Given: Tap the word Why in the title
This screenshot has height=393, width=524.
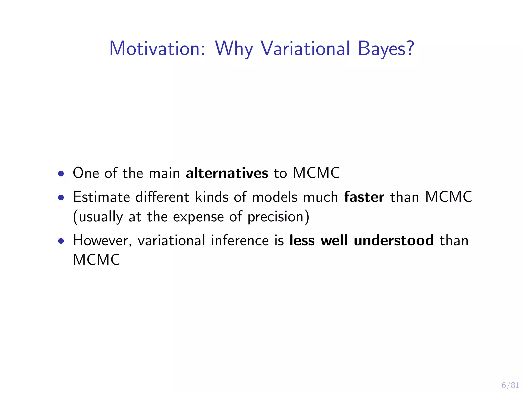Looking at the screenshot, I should tap(234, 48).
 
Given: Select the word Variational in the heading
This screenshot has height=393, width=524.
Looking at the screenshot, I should tap(305, 48).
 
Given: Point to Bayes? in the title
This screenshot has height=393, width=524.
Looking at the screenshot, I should tap(386, 48).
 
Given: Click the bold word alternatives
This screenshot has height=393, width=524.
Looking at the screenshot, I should tap(227, 173).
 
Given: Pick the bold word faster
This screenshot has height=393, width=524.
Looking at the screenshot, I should tap(364, 197).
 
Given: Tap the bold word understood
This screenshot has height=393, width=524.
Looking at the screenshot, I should tap(394, 241).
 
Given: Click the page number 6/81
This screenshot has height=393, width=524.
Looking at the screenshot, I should tap(510, 385).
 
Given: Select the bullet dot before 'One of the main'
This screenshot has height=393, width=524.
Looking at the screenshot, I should tap(61, 174).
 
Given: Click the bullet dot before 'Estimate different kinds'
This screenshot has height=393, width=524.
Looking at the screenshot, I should tap(61, 198).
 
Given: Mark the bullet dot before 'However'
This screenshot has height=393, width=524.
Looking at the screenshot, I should tap(61, 241).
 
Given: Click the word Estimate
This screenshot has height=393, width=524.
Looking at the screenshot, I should tap(101, 197).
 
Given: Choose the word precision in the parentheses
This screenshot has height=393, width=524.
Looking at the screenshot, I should tap(275, 217).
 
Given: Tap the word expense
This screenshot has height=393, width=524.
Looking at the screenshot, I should tap(198, 217).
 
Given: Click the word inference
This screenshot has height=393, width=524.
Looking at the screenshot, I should tap(240, 241).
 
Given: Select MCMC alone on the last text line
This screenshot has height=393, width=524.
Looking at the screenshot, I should tap(96, 260).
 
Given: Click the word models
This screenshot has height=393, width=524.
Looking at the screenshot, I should tap(275, 197).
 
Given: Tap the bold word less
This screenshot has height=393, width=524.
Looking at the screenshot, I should tap(302, 241).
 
